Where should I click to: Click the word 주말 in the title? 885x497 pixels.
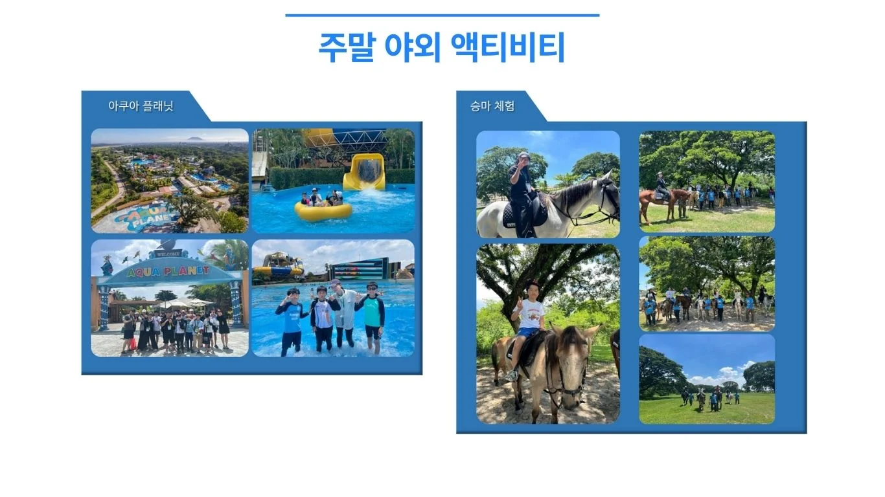click(347, 48)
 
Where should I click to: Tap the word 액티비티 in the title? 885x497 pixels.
click(508, 48)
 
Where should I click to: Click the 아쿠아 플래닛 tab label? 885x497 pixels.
click(141, 105)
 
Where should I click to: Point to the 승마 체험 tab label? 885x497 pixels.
click(492, 105)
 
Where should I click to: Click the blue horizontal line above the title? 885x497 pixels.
click(442, 16)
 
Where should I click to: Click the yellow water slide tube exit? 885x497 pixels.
click(365, 172)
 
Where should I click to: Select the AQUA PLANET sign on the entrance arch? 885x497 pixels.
click(168, 272)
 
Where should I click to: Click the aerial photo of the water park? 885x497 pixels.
click(170, 181)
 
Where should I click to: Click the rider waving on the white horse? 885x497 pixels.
click(522, 193)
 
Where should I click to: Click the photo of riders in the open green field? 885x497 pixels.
click(707, 379)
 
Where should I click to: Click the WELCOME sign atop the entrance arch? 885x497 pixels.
click(169, 254)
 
